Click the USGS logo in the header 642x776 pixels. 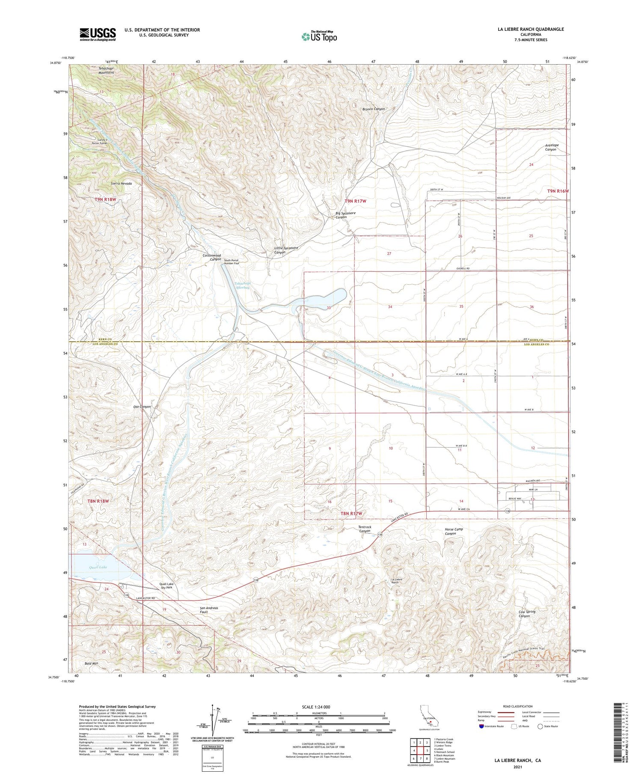pos(98,34)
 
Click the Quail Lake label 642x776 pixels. pos(98,567)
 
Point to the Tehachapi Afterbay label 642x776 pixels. pos(242,285)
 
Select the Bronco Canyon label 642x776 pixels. pos(374,109)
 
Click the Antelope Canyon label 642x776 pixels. pos(551,148)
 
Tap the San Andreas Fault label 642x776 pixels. pos(209,610)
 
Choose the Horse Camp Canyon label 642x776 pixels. pos(454,531)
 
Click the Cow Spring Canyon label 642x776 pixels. pos(527,614)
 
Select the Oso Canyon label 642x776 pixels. pos(143,407)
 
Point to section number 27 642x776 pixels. pos(389,254)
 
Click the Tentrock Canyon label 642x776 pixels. pos(365,529)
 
